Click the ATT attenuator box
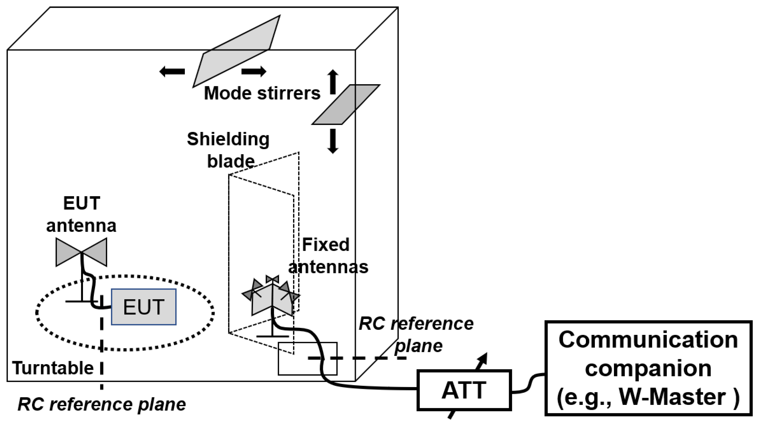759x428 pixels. tap(464, 390)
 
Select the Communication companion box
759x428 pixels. tap(648, 368)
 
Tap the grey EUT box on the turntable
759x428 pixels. tap(143, 307)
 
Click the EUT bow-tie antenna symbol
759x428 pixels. tap(81, 252)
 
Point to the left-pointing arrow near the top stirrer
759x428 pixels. tap(172, 71)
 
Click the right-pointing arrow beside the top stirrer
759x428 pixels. tap(254, 71)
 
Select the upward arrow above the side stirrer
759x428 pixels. tap(333, 82)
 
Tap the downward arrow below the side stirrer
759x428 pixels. tap(333, 141)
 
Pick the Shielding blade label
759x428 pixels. tap(228, 150)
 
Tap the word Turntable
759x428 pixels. tap(53, 368)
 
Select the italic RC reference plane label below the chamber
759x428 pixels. tap(102, 405)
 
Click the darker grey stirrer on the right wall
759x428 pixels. tap(346, 104)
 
